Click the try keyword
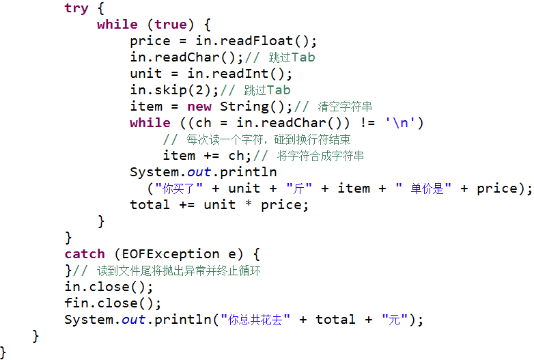[76, 8]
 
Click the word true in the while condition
[171, 25]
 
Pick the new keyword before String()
[199, 107]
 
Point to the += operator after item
[211, 156]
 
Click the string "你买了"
[176, 189]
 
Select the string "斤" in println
[299, 189]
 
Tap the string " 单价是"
[423, 189]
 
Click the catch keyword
[85, 254]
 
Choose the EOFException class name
[171, 254]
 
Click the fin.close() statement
[113, 303]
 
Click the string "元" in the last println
[394, 320]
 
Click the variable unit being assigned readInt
[146, 74]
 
